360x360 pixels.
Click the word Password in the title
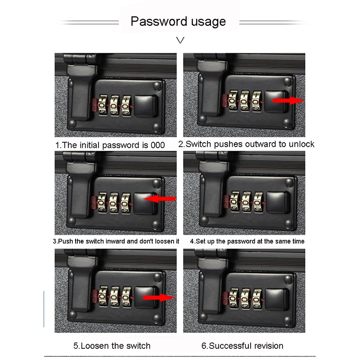[159, 22]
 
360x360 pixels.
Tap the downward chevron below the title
[180, 40]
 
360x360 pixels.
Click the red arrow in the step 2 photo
[288, 100]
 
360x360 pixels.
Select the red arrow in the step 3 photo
[160, 198]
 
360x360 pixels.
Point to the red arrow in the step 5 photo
[159, 297]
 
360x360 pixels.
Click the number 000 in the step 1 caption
[158, 145]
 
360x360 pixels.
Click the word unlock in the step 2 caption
[301, 144]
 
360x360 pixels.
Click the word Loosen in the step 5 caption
[94, 346]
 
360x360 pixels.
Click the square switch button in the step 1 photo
[145, 106]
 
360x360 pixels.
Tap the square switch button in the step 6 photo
[276, 299]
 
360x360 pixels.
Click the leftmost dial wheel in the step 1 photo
[103, 105]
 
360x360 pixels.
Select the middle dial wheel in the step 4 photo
[246, 202]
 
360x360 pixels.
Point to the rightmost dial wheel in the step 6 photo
[257, 299]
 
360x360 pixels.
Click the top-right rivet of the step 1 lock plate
[157, 86]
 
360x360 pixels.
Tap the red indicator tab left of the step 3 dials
[94, 202]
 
